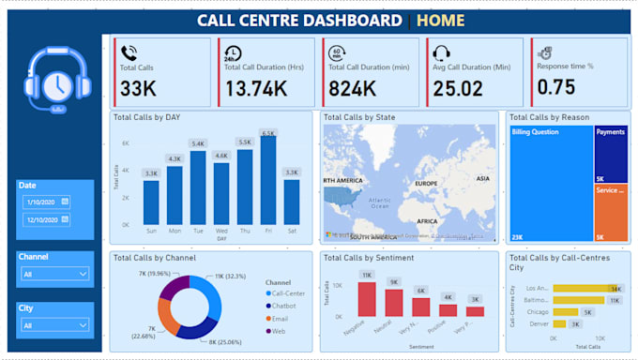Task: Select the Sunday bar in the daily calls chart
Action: coord(151,202)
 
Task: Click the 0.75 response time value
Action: coord(555,88)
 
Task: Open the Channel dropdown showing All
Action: coord(55,274)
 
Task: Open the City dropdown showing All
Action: coord(55,325)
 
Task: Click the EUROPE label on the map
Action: coord(426,184)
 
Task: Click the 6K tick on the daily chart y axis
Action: coord(125,142)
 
